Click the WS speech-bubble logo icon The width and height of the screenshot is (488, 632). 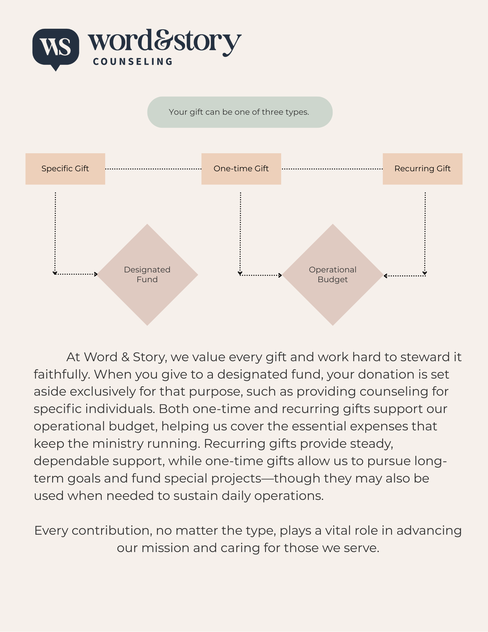[x=56, y=47]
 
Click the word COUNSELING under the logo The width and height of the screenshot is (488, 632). [x=133, y=62]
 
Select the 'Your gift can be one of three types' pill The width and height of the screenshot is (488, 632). [x=240, y=112]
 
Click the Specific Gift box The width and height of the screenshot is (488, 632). [x=65, y=169]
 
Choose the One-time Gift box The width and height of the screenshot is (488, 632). [x=241, y=169]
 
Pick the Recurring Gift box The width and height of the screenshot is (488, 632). [x=422, y=169]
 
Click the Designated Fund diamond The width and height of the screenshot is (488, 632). [x=147, y=275]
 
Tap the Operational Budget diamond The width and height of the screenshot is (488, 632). [x=333, y=275]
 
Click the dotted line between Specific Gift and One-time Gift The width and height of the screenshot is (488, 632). [x=153, y=169]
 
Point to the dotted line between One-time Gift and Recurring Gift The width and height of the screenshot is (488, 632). [x=332, y=169]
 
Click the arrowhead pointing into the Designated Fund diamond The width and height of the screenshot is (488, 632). [x=96, y=274]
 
